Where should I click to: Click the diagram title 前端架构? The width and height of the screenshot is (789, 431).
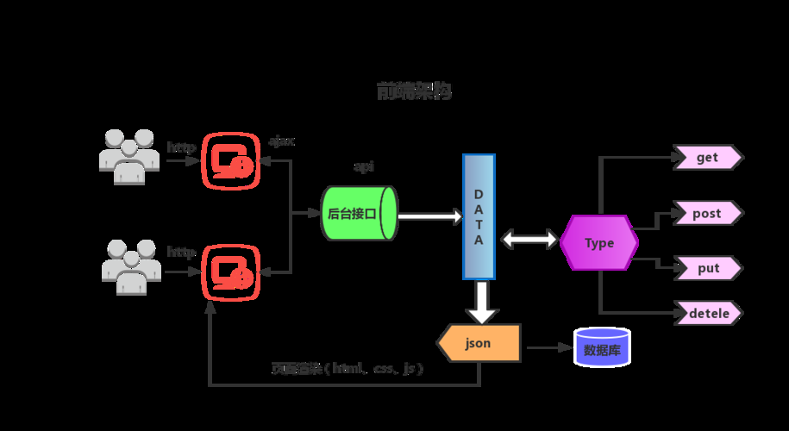(x=414, y=91)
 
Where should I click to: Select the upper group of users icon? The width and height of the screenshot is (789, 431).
(x=128, y=156)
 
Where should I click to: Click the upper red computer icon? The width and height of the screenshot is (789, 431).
(x=231, y=160)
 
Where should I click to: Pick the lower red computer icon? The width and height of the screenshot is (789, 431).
(x=231, y=272)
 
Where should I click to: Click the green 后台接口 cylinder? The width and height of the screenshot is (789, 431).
(x=359, y=213)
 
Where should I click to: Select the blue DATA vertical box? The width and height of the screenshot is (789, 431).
(x=479, y=216)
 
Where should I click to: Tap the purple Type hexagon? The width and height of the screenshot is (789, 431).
(x=599, y=243)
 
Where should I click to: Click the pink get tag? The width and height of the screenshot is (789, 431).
(x=708, y=157)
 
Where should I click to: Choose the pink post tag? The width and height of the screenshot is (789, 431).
(x=708, y=213)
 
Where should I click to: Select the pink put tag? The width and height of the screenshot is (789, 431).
(x=708, y=268)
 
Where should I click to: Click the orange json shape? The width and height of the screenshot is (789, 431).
(x=479, y=343)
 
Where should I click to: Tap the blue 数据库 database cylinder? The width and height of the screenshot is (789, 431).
(x=602, y=348)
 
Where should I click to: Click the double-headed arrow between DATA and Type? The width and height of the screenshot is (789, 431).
(x=529, y=240)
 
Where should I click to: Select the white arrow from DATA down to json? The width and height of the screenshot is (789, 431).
(x=480, y=302)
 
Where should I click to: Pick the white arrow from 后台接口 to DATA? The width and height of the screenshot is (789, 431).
(x=429, y=216)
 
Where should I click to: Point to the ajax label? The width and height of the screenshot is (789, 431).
(x=282, y=141)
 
